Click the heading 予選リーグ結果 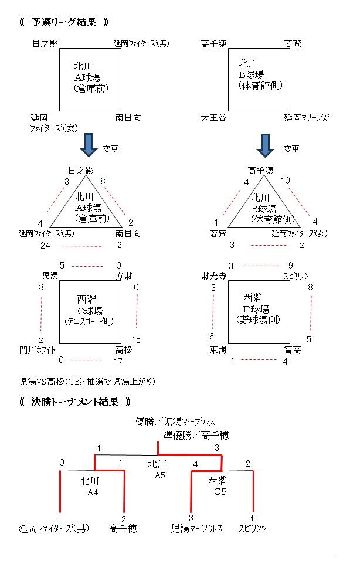64,23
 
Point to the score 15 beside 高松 136,339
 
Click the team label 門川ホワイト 38,350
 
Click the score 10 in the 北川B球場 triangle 286,181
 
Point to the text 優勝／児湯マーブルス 175,422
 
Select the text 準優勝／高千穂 196,435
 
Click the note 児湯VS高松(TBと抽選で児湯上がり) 86,380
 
